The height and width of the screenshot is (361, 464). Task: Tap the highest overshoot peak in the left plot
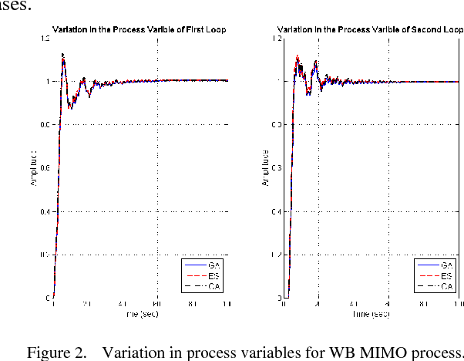(62, 55)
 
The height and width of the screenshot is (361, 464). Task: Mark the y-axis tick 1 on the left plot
(48, 81)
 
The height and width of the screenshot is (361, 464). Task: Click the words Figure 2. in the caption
(56, 353)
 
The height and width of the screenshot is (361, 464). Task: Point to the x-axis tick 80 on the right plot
(423, 305)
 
